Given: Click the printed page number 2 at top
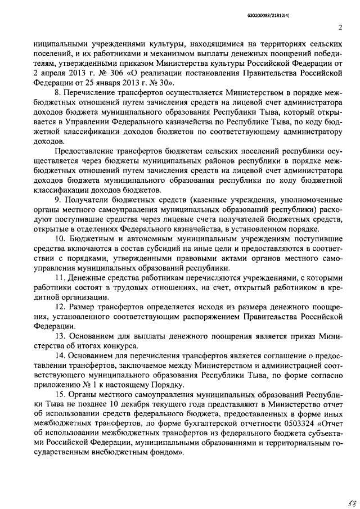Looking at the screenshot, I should coord(340,27).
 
